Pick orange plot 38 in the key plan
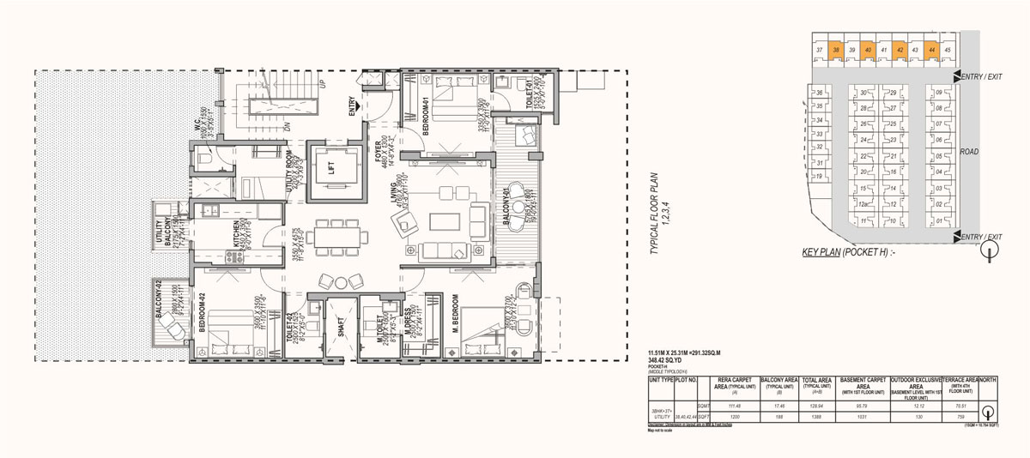pos(836,51)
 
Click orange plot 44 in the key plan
pos(931,51)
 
